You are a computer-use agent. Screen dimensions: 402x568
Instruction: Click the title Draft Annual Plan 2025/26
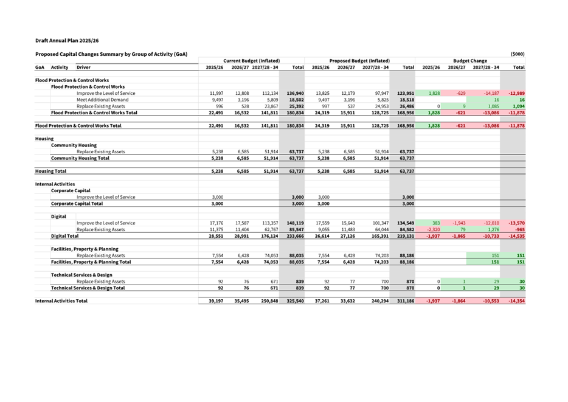(67, 40)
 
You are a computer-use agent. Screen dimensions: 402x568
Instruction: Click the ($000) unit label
(518, 54)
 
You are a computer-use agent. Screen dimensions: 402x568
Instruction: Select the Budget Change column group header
(470, 61)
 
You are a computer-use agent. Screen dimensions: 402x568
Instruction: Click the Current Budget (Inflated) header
(252, 61)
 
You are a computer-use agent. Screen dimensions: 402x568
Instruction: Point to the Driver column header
(83, 68)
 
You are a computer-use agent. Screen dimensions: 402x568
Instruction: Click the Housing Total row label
(50, 172)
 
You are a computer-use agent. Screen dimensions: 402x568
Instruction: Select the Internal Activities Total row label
(61, 301)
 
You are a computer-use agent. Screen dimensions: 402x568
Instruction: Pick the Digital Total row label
(65, 236)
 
